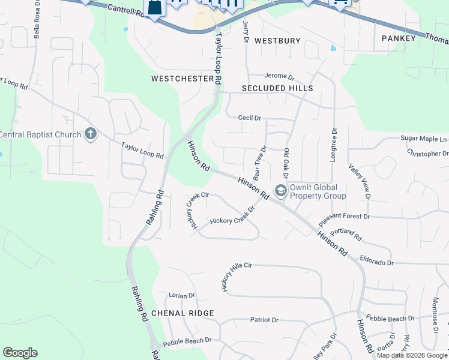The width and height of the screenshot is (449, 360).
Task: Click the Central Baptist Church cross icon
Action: pos(91,133)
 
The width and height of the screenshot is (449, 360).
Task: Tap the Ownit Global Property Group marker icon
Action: pos(280,191)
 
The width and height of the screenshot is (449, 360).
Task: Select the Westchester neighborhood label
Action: pos(182,79)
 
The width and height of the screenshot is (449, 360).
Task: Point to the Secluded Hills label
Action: pos(277,88)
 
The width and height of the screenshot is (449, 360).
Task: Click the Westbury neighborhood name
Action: pos(277,41)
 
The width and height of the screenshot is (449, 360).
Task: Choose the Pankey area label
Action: pos(399,38)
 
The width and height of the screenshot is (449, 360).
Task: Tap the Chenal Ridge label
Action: pos(182,313)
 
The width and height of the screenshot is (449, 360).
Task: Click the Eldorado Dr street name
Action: pos(376,263)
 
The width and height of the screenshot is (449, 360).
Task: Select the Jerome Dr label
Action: pos(280,77)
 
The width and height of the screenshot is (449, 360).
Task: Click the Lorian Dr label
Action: pos(182,295)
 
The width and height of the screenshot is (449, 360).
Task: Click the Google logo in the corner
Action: pos(20,353)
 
